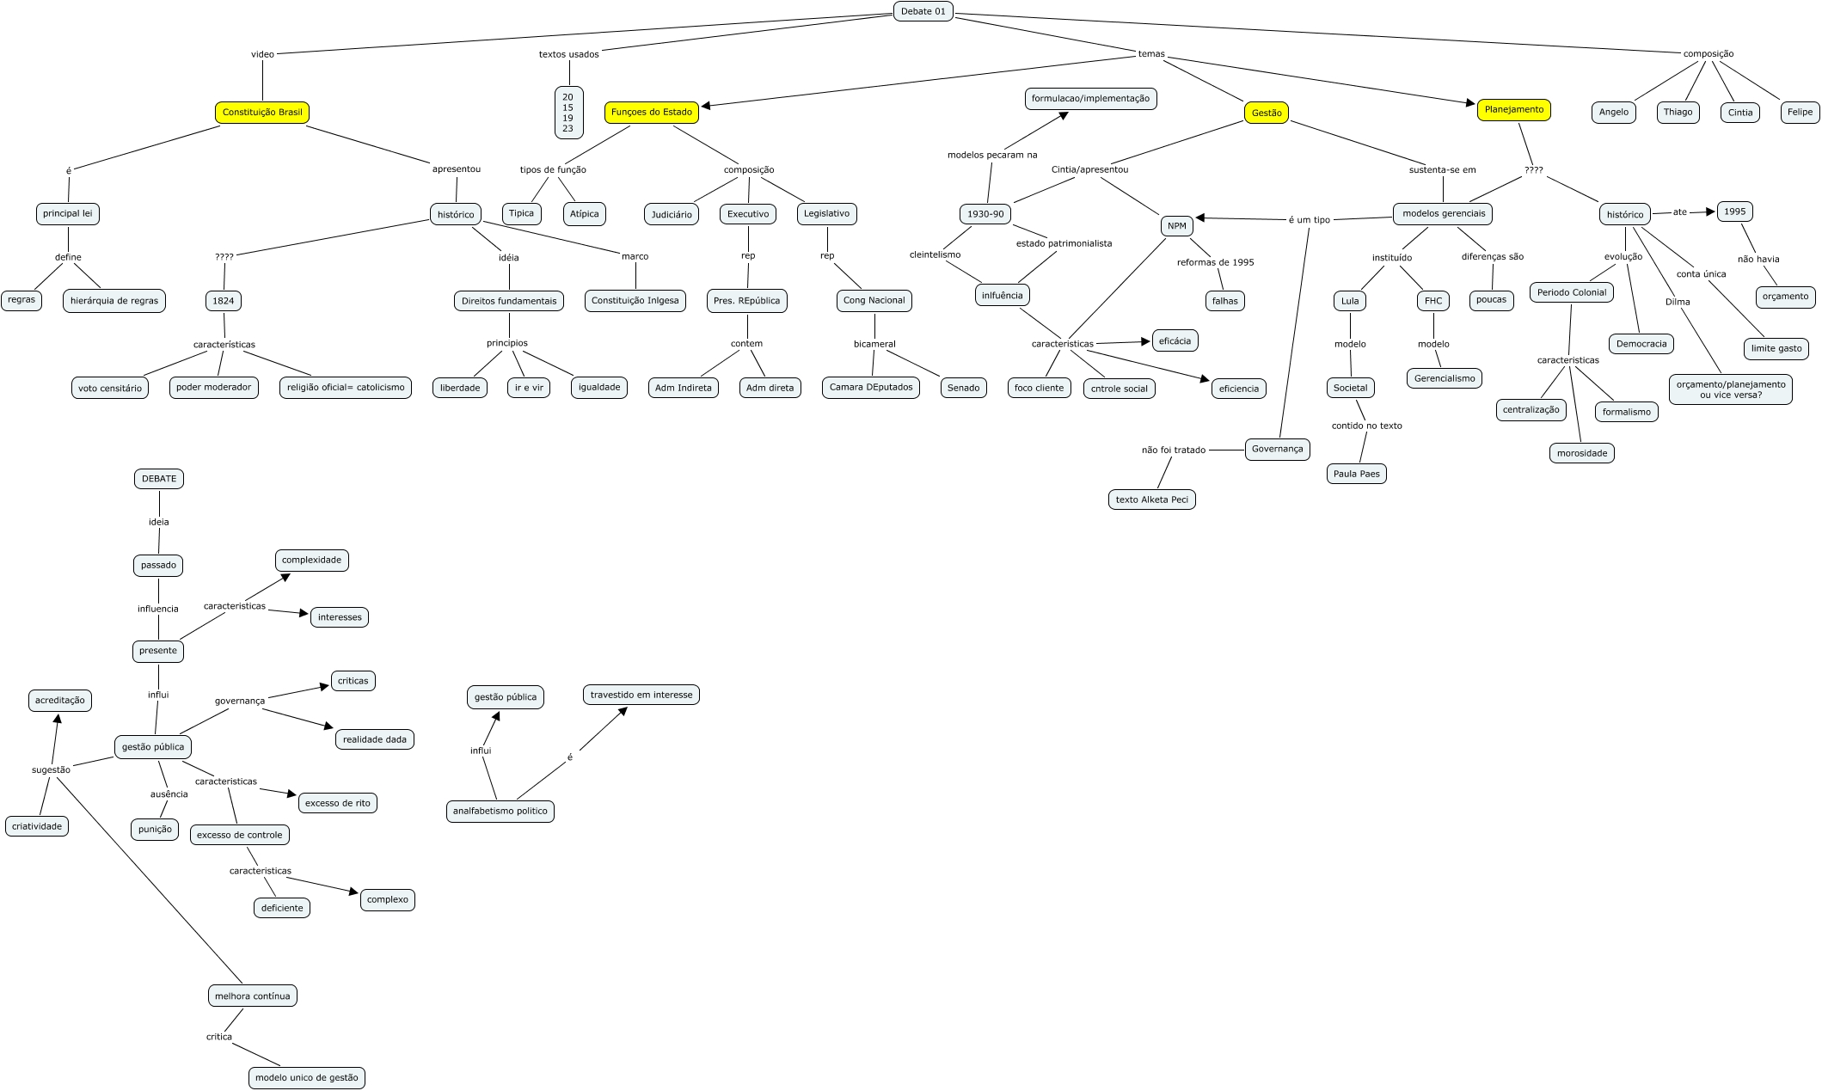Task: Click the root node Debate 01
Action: click(x=923, y=11)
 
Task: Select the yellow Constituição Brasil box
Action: click(x=262, y=113)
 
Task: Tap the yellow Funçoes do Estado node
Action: click(x=651, y=112)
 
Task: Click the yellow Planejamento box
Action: click(x=1513, y=109)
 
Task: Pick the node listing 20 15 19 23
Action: click(x=568, y=113)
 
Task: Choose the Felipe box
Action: click(x=1799, y=112)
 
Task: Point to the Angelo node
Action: click(x=1613, y=112)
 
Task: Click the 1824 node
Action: click(x=224, y=301)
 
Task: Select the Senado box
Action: click(x=963, y=388)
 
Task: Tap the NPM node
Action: click(x=1177, y=226)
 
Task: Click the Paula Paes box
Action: click(x=1356, y=474)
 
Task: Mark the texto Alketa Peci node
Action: click(x=1151, y=500)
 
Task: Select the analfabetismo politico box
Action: click(x=500, y=811)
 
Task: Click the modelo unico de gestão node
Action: click(x=307, y=1077)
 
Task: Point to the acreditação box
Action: click(x=60, y=700)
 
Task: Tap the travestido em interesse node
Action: click(x=641, y=695)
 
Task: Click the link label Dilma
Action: click(x=1677, y=302)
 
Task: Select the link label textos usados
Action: click(x=568, y=54)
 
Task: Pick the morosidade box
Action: click(x=1581, y=453)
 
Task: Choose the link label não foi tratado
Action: click(x=1173, y=450)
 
